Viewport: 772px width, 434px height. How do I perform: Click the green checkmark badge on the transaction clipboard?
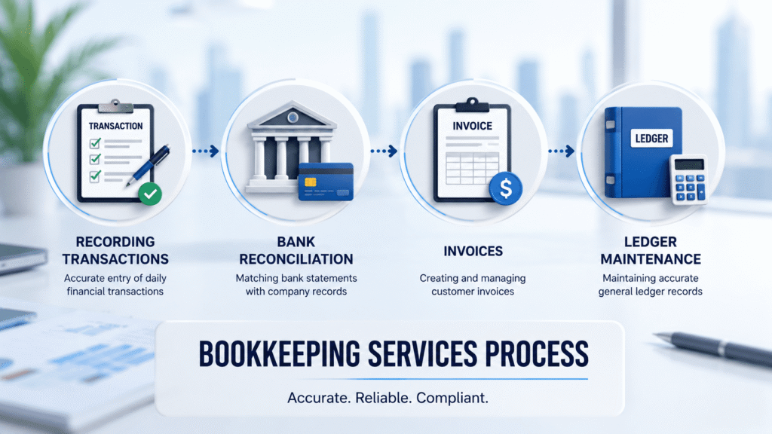150,194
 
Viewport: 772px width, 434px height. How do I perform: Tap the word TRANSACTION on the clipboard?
115,126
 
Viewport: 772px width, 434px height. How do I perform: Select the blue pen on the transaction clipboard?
148,165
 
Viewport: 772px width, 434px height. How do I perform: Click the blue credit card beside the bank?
326,182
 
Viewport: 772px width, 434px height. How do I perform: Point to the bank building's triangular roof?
293,115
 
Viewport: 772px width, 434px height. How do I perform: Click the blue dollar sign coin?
506,188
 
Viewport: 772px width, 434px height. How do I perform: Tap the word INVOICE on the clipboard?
472,126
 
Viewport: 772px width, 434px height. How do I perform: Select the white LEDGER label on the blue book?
651,139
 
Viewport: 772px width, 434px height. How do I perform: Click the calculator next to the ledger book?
689,179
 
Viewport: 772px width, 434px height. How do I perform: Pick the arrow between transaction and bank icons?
206,151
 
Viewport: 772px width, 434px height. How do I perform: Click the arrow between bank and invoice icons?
384,151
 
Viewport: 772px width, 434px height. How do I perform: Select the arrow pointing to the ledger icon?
561,151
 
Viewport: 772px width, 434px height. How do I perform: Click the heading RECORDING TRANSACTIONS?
115,250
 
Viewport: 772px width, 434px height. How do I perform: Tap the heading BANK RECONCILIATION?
296,250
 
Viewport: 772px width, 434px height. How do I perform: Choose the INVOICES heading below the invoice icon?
473,251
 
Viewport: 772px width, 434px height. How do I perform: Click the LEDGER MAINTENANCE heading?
651,250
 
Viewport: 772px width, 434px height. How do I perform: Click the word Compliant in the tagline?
452,398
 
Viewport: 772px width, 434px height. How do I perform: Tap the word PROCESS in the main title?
537,354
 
